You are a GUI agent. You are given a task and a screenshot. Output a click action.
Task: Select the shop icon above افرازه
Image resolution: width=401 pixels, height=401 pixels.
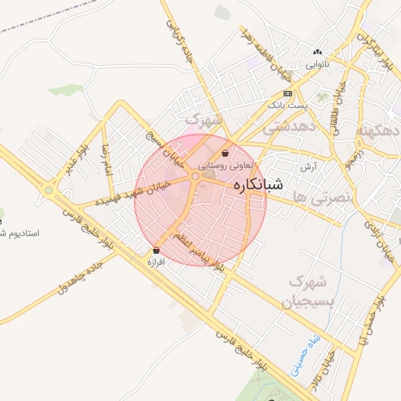(x=157, y=251)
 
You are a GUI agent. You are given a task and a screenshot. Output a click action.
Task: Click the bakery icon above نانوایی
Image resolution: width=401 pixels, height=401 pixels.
(x=317, y=49)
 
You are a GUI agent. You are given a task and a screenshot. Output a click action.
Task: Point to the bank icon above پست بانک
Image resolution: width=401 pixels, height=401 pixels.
(x=287, y=92)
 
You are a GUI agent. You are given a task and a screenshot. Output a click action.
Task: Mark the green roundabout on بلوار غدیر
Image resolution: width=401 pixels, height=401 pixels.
(x=49, y=190)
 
